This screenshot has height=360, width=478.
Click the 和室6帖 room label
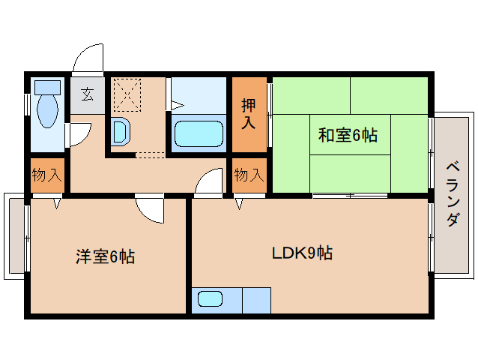pos(347,136)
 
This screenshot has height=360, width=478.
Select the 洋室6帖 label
pos(104,257)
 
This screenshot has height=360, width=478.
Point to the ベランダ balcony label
pos(453,193)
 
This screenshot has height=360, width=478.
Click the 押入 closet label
pos(248,114)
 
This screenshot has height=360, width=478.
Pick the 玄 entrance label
pos(88,94)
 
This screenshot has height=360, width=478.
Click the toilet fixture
pos(46,105)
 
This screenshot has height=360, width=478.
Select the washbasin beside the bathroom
pos(121,132)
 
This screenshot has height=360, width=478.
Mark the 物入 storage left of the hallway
pos(46,175)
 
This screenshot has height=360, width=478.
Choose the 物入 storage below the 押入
pos(249,175)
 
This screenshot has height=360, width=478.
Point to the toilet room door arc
pos(78,135)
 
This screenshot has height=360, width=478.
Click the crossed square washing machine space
pos(127,95)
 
